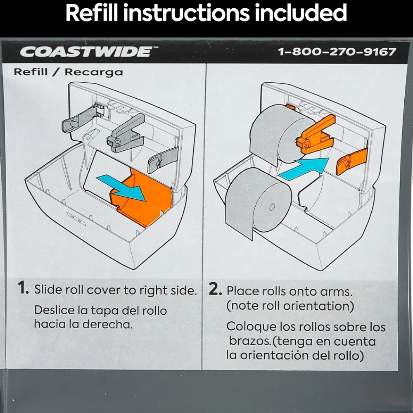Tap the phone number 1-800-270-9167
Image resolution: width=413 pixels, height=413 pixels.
tap(337, 52)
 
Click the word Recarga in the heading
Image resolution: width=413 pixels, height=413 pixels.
tap(94, 72)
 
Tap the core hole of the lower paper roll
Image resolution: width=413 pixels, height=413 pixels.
tap(272, 208)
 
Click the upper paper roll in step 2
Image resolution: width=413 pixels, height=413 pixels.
tap(279, 134)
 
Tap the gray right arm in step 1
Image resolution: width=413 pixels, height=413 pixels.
tap(163, 159)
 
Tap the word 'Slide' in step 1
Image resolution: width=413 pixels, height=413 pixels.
tap(47, 290)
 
